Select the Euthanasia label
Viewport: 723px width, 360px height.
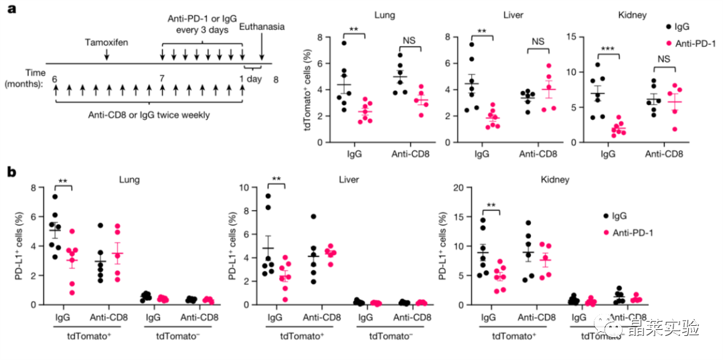(x=262, y=27)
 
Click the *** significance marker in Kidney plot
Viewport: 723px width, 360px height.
(x=607, y=48)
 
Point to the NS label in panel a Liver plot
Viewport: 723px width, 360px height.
(x=538, y=41)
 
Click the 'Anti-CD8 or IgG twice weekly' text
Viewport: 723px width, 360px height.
(x=149, y=114)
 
